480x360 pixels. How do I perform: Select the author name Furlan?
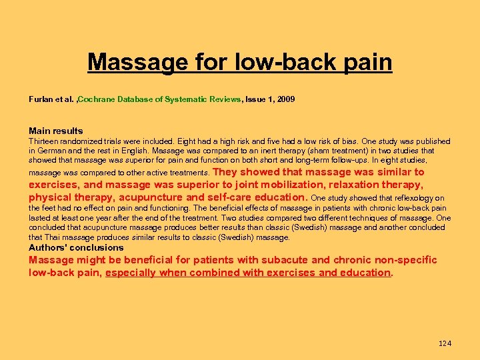41,99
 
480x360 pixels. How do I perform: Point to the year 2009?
285,99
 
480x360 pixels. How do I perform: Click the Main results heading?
56,131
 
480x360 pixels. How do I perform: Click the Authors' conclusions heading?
76,248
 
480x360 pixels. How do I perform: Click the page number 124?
445,343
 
